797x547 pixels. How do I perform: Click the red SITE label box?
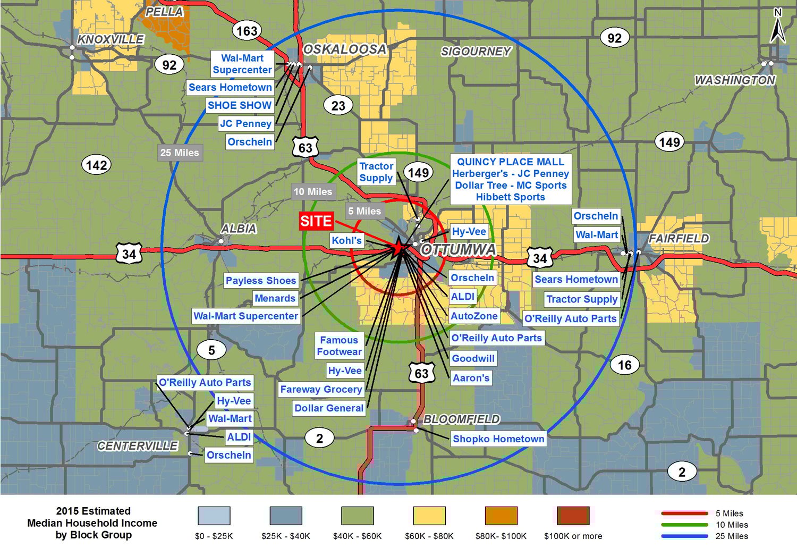(x=316, y=221)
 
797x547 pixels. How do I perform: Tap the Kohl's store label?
(x=346, y=240)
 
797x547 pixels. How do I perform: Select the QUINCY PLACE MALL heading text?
(x=511, y=162)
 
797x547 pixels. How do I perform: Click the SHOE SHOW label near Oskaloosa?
(x=240, y=105)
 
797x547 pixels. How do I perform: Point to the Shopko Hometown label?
(x=498, y=439)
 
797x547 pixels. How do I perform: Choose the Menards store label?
(x=275, y=298)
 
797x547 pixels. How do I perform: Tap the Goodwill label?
(x=473, y=358)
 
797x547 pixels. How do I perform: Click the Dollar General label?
(x=329, y=408)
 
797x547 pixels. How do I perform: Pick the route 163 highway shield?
(x=247, y=31)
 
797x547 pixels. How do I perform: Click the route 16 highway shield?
(x=624, y=365)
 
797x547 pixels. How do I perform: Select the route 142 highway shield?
(x=96, y=165)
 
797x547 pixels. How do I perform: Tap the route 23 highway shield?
(x=338, y=106)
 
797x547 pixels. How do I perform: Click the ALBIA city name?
(x=239, y=229)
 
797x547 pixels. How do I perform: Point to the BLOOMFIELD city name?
(x=461, y=419)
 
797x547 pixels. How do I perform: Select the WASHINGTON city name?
(x=735, y=80)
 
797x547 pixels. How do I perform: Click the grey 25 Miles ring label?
(x=180, y=153)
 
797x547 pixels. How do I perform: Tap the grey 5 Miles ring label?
(x=364, y=211)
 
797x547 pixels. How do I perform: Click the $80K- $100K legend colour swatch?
(x=501, y=516)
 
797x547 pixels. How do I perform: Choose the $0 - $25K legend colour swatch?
(x=214, y=516)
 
